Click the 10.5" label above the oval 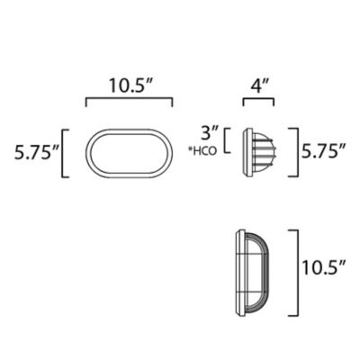click(130, 87)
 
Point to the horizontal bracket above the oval click(130, 102)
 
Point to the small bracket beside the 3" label click(228, 141)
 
